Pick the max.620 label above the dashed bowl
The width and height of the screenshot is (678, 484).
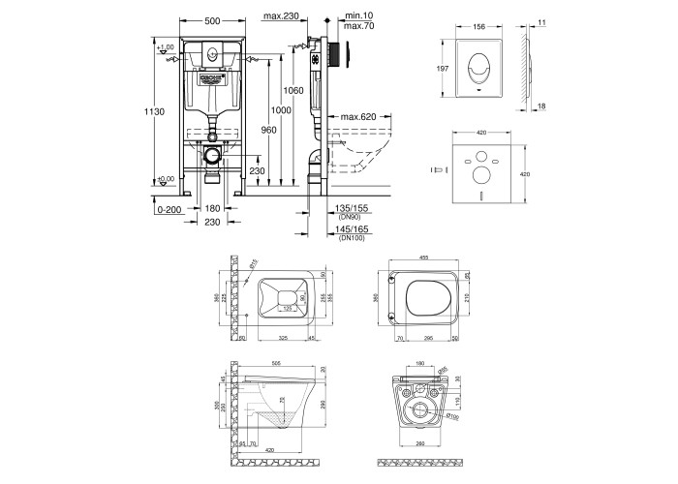(x=355, y=118)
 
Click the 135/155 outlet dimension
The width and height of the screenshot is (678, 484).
(x=351, y=208)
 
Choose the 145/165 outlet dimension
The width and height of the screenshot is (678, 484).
(x=351, y=229)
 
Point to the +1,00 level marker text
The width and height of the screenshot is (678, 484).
(x=166, y=46)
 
